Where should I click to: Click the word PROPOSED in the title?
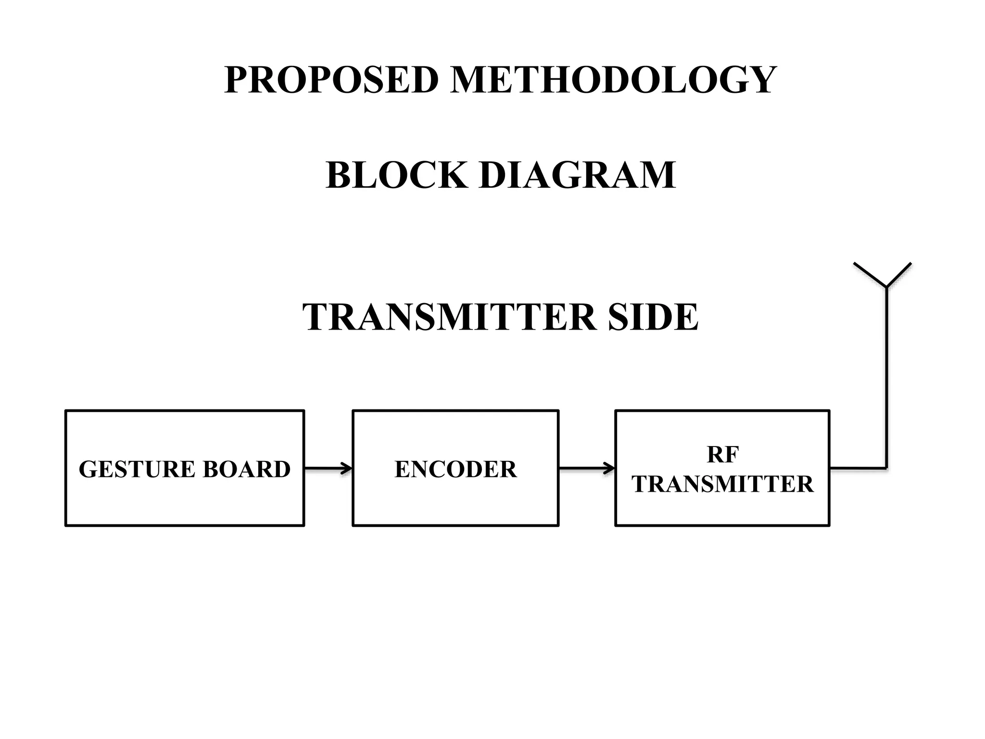[331, 80]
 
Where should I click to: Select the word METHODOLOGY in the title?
[613, 80]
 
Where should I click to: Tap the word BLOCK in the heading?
[396, 175]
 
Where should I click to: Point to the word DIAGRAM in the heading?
[578, 175]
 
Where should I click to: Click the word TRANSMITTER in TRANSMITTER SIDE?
[449, 318]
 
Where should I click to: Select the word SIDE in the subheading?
[653, 318]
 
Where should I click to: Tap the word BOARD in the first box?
[247, 469]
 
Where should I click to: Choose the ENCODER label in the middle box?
[455, 469]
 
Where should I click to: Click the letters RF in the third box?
[722, 455]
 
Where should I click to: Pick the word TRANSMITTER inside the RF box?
[722, 484]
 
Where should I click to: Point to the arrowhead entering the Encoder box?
[347, 468]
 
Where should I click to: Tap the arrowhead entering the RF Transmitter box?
[610, 468]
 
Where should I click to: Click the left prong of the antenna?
[870, 275]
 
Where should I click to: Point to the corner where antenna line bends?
[886, 468]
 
